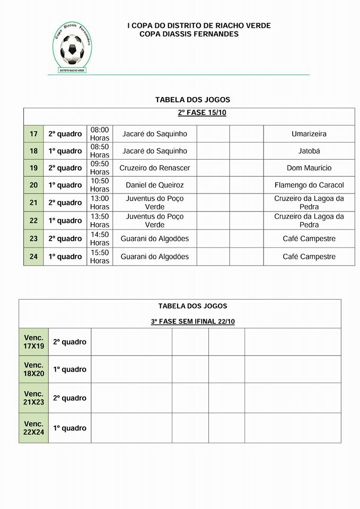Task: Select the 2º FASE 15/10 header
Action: (x=202, y=113)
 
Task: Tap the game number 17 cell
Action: (x=33, y=134)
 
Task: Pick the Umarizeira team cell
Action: (x=309, y=134)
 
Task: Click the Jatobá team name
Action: (x=309, y=151)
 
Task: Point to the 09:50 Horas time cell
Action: (x=100, y=168)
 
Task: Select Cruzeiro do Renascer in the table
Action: (x=155, y=168)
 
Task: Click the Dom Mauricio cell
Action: (x=309, y=168)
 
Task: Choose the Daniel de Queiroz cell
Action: (x=155, y=185)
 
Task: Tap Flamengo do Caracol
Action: (x=309, y=185)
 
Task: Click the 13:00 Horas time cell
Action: (x=100, y=203)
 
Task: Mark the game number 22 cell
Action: (x=33, y=221)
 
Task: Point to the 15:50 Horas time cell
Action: (x=100, y=257)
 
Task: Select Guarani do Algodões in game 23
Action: (x=155, y=239)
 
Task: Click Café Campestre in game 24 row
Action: (x=309, y=257)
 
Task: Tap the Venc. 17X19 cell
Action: (x=34, y=342)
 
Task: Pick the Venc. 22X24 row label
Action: (x=34, y=428)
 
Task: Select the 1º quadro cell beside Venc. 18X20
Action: (x=69, y=370)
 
